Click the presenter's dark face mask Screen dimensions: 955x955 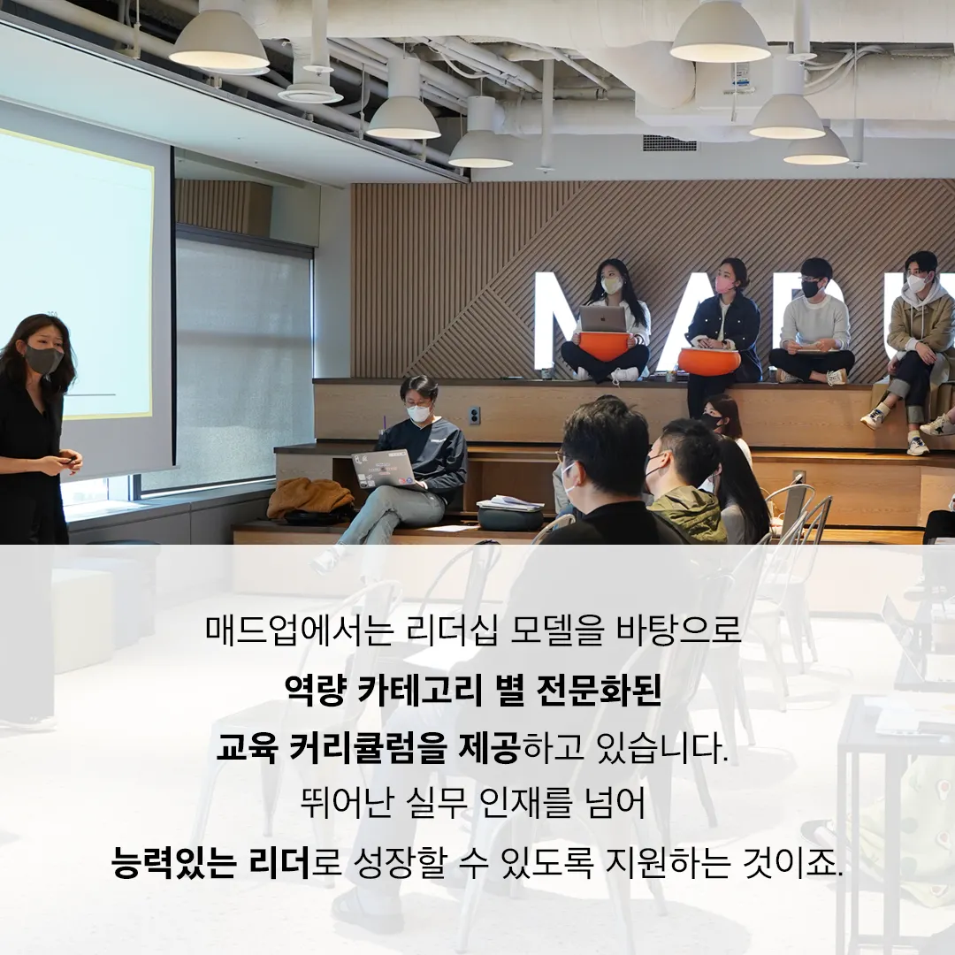(43, 360)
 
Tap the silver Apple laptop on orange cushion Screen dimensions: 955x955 (603, 318)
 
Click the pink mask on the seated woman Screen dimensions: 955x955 (724, 284)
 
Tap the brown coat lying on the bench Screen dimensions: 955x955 (310, 498)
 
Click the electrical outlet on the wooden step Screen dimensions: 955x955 (475, 416)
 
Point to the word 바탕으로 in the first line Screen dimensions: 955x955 (679, 630)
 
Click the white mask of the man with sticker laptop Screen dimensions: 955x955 (419, 413)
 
